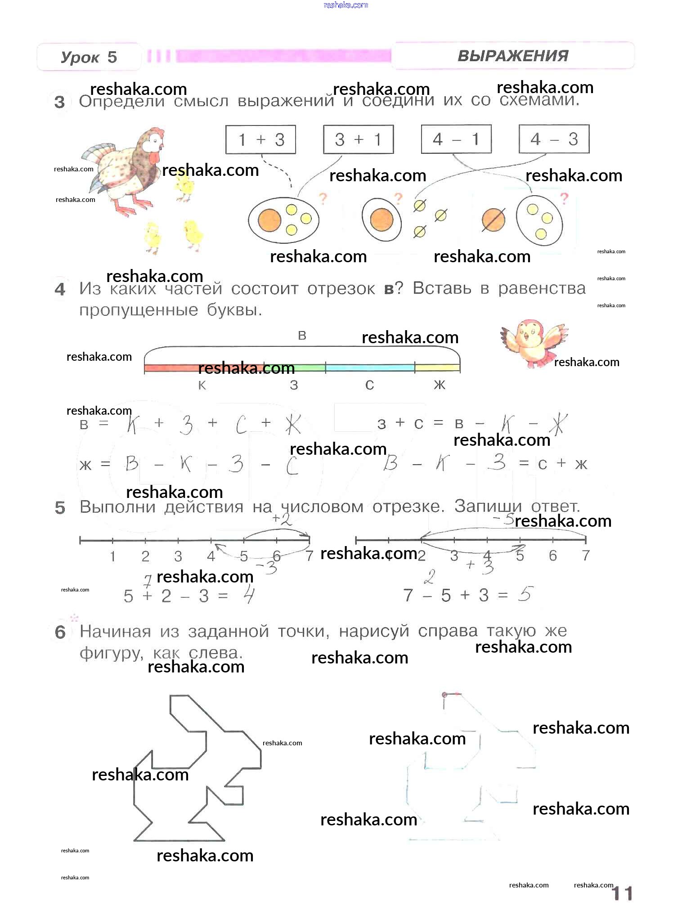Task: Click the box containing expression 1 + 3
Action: pos(260,139)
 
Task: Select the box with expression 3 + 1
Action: pos(358,139)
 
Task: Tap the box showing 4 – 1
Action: pos(456,139)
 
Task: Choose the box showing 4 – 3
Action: pos(554,139)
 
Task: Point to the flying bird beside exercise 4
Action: pos(533,341)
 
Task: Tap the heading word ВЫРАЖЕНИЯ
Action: pos(513,56)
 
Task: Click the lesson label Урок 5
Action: pos(89,57)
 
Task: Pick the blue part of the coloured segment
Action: pos(369,367)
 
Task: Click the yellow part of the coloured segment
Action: pos(437,367)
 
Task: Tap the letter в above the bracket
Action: pos(302,336)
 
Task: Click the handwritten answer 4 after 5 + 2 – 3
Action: pos(249,596)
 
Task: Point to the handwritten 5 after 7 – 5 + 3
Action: pos(525,594)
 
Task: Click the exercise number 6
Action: pos(60,632)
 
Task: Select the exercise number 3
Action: pos(59,102)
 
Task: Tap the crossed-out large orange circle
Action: pos(493,220)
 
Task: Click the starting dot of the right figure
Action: pos(444,695)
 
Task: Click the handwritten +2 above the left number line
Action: pos(282,520)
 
